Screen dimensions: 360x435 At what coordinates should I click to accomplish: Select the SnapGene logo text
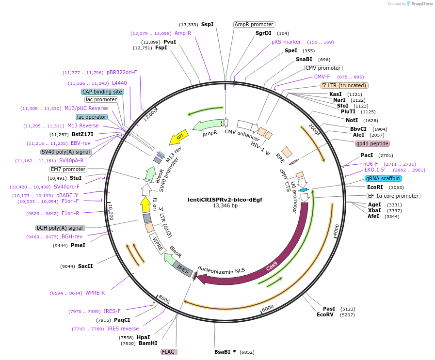point(420,4)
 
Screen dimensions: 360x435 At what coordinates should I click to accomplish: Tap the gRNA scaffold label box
point(383,178)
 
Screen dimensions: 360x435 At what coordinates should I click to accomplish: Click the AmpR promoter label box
point(254,24)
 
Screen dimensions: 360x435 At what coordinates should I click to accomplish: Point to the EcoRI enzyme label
point(375,187)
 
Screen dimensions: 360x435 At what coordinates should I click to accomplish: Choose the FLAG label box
point(168,352)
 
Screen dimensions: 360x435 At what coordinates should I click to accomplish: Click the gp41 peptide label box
point(372,143)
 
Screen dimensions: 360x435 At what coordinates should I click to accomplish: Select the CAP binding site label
point(102,92)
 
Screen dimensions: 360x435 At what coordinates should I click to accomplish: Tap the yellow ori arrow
point(178,138)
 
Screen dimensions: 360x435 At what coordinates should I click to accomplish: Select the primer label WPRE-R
point(95,293)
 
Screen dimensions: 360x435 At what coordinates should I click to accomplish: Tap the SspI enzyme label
point(207,24)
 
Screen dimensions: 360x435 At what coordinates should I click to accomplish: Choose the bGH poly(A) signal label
point(60,228)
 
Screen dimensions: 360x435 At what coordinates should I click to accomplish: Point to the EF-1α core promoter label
point(393,196)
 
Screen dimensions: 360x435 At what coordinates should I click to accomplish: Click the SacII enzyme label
point(85,266)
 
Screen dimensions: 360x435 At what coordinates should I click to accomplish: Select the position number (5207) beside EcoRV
point(348,314)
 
